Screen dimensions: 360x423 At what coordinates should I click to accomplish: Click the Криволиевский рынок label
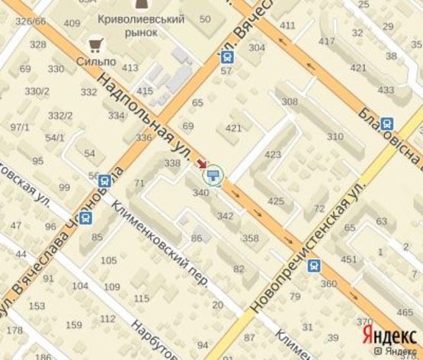tap(139, 25)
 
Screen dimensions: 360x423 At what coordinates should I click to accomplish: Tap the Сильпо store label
tap(94, 59)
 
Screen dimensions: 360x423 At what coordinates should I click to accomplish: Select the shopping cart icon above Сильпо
tap(95, 44)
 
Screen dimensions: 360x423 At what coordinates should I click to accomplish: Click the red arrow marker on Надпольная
tap(202, 163)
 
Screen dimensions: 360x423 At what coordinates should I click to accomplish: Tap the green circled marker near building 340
tap(215, 176)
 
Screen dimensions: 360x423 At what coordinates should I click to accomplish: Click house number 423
tap(273, 155)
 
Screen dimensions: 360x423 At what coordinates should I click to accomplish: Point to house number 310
tap(335, 137)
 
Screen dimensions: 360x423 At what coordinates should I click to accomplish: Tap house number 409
tap(72, 23)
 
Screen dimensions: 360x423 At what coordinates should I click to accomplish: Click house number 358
tap(250, 239)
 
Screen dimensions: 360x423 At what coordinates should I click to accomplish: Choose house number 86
tap(196, 239)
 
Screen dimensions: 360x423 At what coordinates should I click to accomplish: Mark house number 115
tap(141, 298)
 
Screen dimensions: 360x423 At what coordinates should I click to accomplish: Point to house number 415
tap(144, 92)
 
